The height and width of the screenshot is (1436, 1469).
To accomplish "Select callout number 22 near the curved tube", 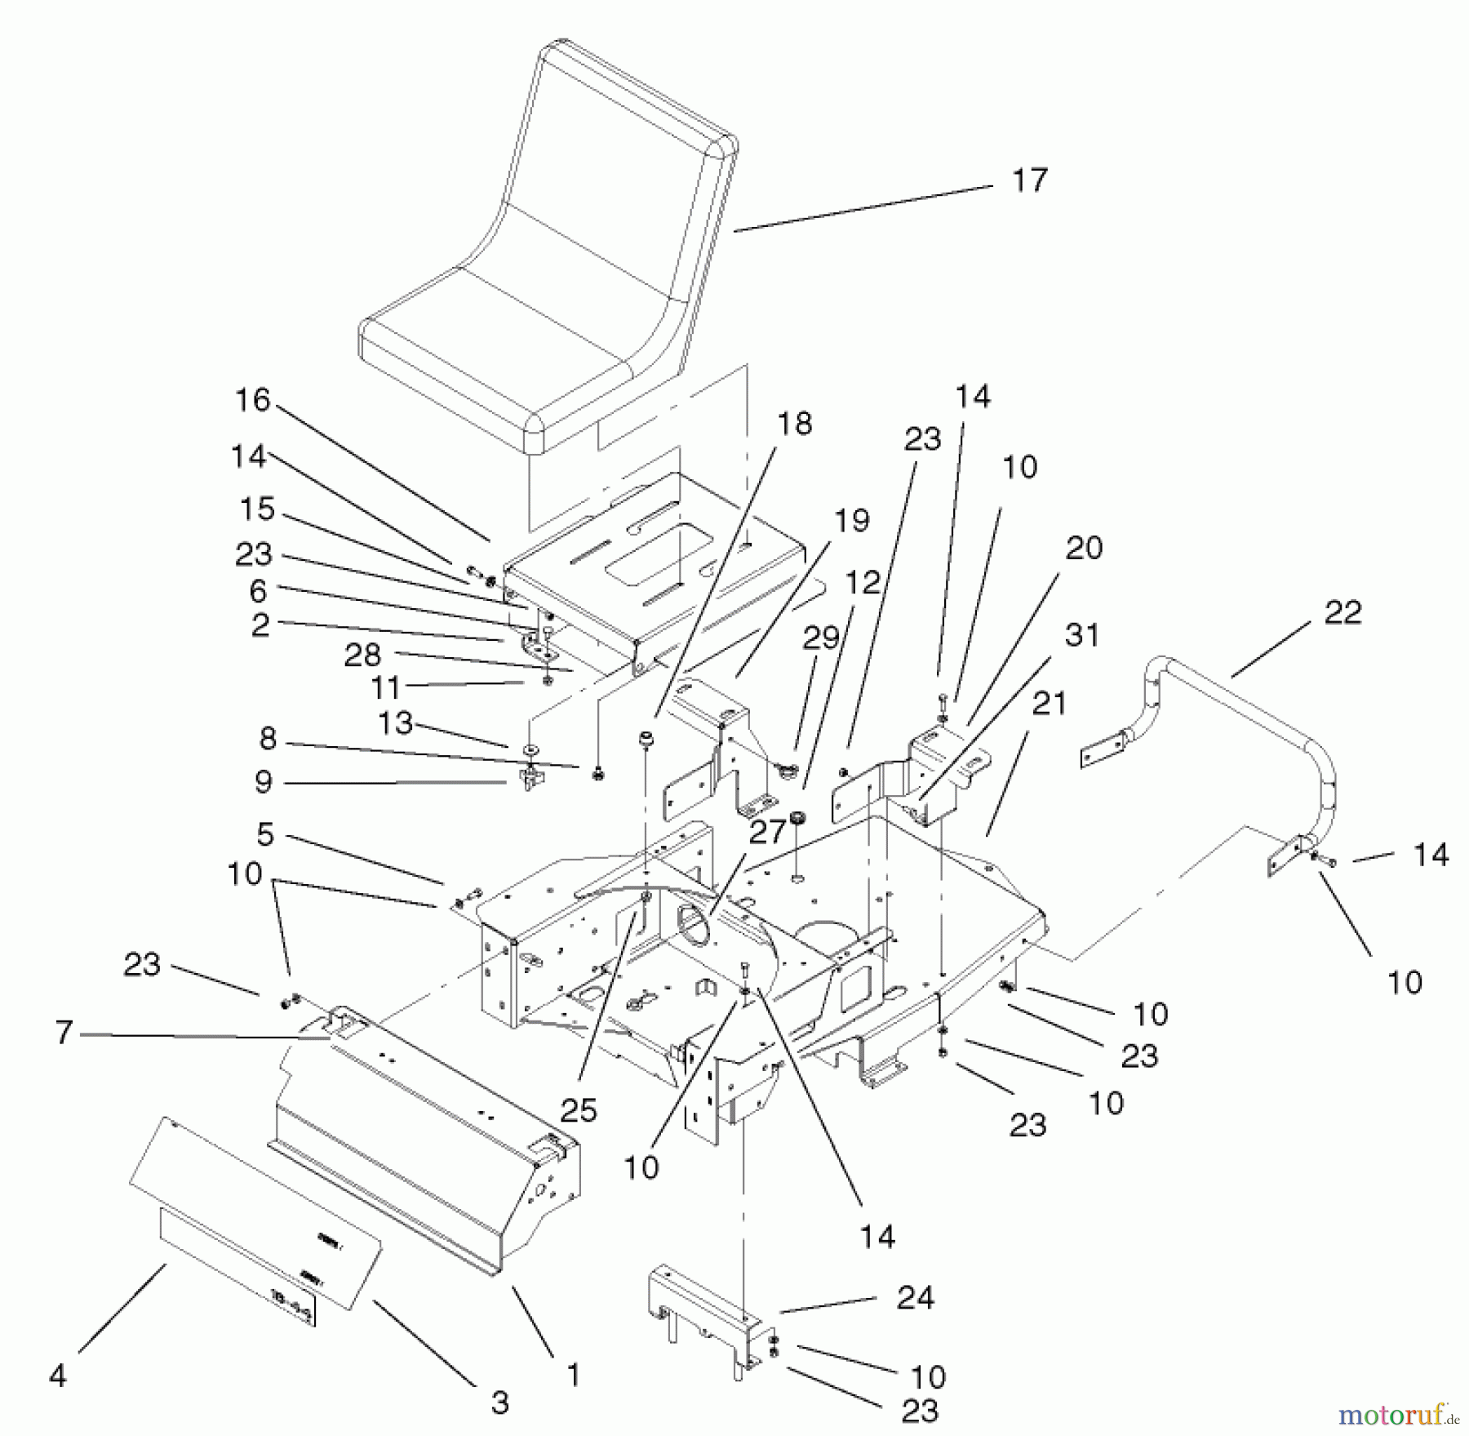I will click(x=1343, y=612).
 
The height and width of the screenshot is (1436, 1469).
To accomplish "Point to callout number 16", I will click(x=252, y=400).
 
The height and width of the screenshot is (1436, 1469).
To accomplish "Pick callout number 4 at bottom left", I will click(x=57, y=1376).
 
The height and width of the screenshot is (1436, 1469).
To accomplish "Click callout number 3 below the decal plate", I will click(x=499, y=1403).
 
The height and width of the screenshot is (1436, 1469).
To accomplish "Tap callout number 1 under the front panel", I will click(x=573, y=1375).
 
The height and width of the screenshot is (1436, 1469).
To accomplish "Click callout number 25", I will click(x=579, y=1109).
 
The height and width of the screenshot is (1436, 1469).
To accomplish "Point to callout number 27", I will click(x=767, y=832).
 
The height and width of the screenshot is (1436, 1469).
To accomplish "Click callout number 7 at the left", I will click(x=64, y=1033).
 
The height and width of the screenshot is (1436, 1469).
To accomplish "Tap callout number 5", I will click(x=265, y=834).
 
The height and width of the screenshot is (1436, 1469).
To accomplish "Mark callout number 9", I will click(x=263, y=782).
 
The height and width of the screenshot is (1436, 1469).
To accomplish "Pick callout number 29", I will click(x=821, y=638).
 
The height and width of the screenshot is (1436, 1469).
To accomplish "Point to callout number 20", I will click(x=1084, y=548).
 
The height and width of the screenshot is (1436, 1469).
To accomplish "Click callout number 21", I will click(x=1049, y=703).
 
